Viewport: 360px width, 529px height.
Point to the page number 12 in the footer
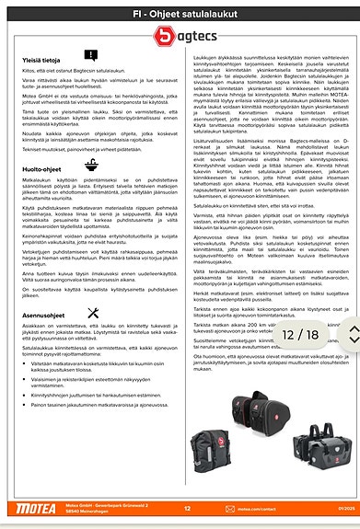pos(187,506)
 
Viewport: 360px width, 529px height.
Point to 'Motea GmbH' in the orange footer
pos(81,503)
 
